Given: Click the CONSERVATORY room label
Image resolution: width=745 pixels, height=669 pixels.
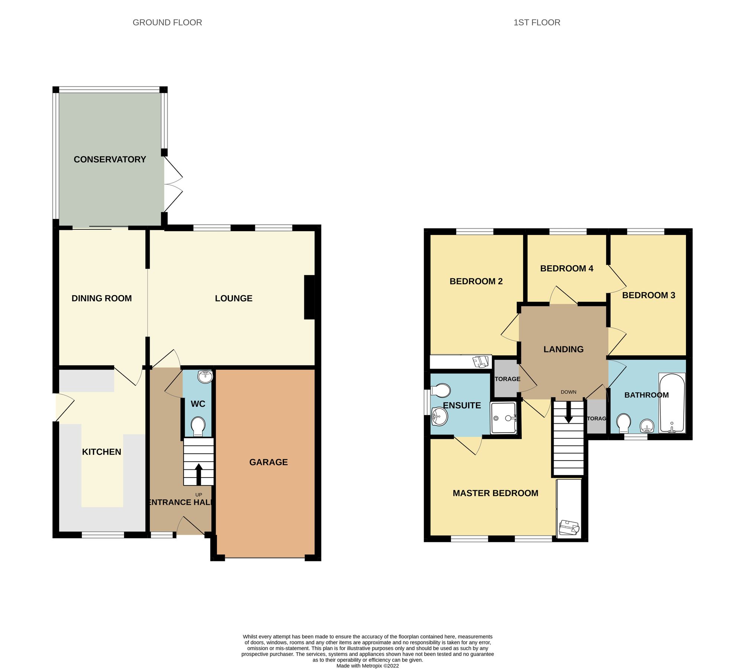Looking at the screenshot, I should [110, 159].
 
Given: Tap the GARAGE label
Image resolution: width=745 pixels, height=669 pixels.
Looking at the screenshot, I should [268, 462].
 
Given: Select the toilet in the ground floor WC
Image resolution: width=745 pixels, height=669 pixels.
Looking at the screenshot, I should [198, 426].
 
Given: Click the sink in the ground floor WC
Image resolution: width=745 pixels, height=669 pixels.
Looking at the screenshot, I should [205, 376].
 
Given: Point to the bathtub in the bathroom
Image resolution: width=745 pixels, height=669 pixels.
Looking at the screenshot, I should [671, 403].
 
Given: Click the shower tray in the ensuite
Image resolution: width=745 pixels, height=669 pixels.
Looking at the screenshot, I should [503, 418].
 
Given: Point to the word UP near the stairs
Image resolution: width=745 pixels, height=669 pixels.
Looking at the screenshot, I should [199, 495].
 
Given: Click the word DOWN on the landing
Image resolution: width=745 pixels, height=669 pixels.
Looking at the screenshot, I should [569, 392].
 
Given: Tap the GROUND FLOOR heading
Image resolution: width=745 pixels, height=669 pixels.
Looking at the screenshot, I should [167, 22].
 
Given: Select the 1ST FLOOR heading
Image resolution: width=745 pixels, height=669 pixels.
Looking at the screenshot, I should [537, 22].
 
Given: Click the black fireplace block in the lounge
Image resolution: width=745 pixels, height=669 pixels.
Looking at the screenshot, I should [309, 297].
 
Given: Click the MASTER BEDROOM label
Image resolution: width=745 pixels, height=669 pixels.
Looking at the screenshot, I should [495, 493].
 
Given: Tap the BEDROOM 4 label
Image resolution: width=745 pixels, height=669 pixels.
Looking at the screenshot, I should [566, 268].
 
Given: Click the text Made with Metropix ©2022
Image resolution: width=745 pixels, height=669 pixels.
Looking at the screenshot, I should [367, 666].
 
